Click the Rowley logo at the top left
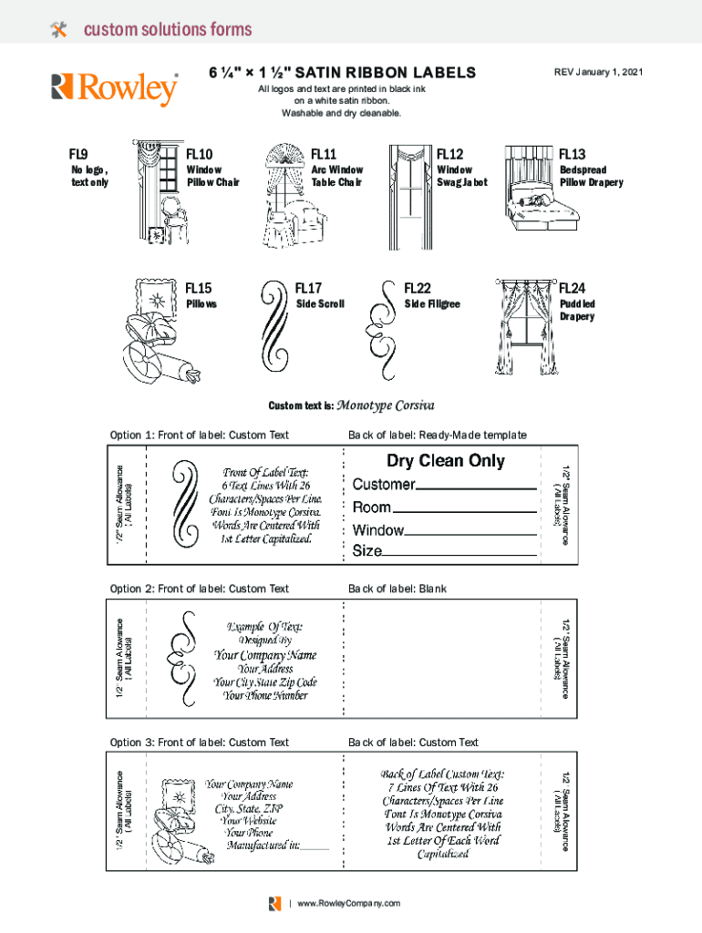tap(115, 88)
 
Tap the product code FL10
tap(199, 154)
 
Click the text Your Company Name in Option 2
tap(265, 655)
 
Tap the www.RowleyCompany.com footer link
tap(347, 903)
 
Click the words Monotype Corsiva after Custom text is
tap(386, 405)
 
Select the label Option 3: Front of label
tap(199, 743)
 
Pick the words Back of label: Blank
tap(397, 589)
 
